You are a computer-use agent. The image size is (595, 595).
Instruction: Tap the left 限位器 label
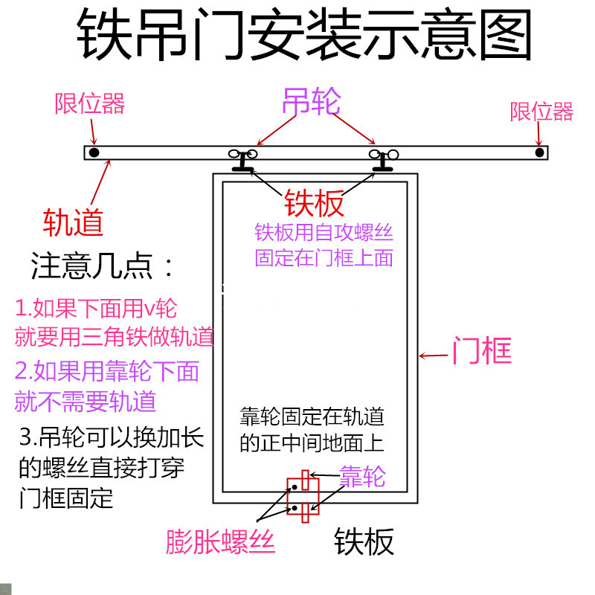tap(89, 104)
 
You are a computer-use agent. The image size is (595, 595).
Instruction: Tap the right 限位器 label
tap(541, 112)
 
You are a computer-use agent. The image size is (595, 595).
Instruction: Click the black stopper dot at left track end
tap(94, 152)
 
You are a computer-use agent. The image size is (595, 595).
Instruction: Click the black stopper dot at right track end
tap(539, 152)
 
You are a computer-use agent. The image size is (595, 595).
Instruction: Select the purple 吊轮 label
tap(311, 103)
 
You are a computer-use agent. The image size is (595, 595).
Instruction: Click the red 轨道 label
tap(73, 222)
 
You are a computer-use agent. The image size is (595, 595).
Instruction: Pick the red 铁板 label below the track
tap(314, 203)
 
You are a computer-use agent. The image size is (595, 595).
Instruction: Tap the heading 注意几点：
tap(103, 266)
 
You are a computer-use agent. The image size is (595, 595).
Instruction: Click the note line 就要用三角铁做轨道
tap(115, 337)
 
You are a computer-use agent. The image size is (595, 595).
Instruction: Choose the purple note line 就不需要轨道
tap(86, 402)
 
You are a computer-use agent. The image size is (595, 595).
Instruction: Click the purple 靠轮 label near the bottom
tap(362, 477)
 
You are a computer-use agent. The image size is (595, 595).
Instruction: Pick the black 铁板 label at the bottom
tap(364, 542)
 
